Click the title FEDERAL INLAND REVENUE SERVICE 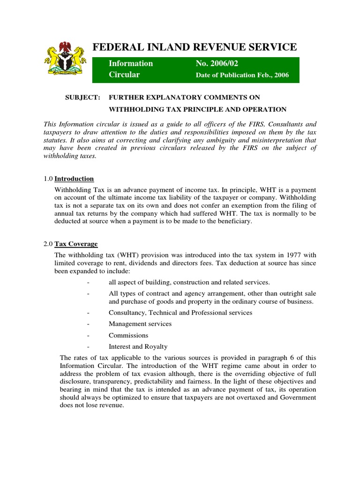tap(195, 47)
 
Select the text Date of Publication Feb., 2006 tap(242, 75)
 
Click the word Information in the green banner tap(131, 63)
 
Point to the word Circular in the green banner tap(124, 75)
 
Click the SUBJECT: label tap(82, 97)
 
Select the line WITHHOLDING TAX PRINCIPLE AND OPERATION tap(197, 109)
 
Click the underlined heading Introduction tap(74, 179)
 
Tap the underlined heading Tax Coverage tap(76, 244)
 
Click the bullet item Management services tap(140, 324)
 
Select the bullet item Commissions tap(128, 335)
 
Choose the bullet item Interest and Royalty tap(138, 347)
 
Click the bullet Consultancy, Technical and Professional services tap(180, 312)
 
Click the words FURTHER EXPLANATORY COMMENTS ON tap(184, 97)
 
